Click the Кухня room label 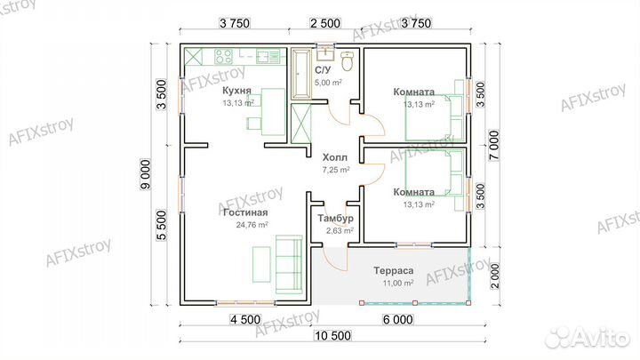tap(236, 90)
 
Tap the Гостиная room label tap(245, 212)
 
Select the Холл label tap(335, 157)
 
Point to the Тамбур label tap(335, 219)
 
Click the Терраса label tap(394, 270)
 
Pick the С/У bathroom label tap(323, 70)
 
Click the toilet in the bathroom tap(348, 60)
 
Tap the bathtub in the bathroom tap(301, 74)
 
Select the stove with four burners tap(223, 56)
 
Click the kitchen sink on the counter tap(268, 56)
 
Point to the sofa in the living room tap(289, 264)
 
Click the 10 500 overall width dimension tap(332, 336)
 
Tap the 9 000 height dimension tap(146, 174)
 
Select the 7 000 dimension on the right tap(494, 145)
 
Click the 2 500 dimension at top tap(325, 23)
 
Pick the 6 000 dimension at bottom tap(398, 320)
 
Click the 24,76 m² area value tap(252, 225)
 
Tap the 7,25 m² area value tap(336, 170)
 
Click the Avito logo tap(588, 337)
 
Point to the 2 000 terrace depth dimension tap(494, 276)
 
